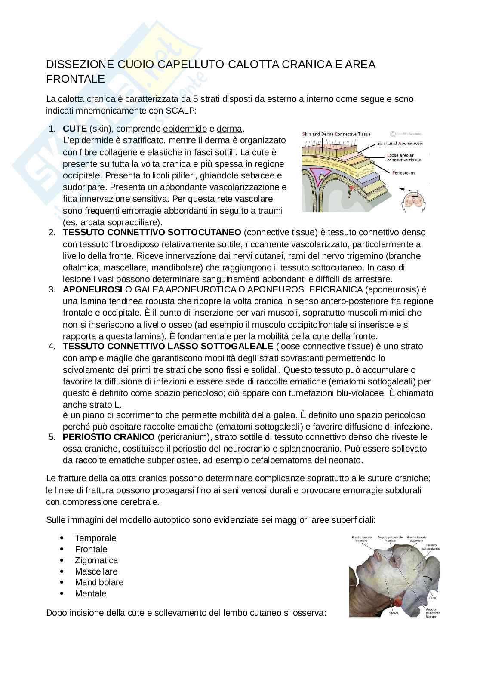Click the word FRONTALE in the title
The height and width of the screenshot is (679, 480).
point(75,79)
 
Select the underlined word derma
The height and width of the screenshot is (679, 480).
point(230,129)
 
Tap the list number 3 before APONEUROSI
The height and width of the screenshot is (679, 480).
point(52,289)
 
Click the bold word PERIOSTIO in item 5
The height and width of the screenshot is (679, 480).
point(83,437)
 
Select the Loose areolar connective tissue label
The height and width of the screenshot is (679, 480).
point(403,157)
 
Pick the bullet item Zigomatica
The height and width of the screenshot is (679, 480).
point(96,560)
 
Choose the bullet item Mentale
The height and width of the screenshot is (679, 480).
point(90,593)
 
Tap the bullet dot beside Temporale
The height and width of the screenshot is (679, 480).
point(63,538)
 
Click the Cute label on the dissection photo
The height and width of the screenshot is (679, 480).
point(432,597)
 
